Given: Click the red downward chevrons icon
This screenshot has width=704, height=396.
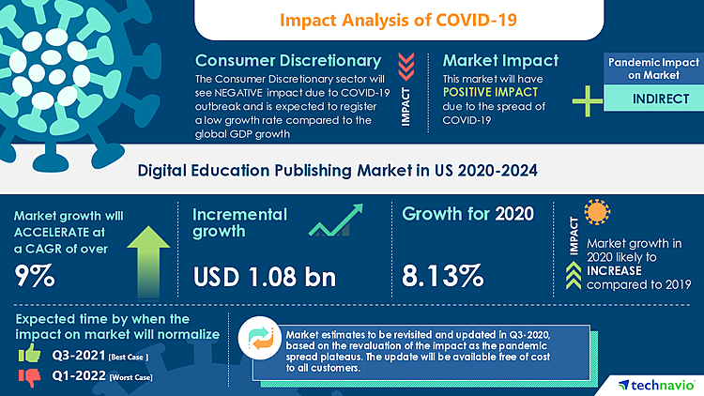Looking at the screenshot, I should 406,63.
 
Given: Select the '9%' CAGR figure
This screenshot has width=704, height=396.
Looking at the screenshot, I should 35,275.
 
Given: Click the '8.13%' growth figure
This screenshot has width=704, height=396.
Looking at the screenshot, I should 443,275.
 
